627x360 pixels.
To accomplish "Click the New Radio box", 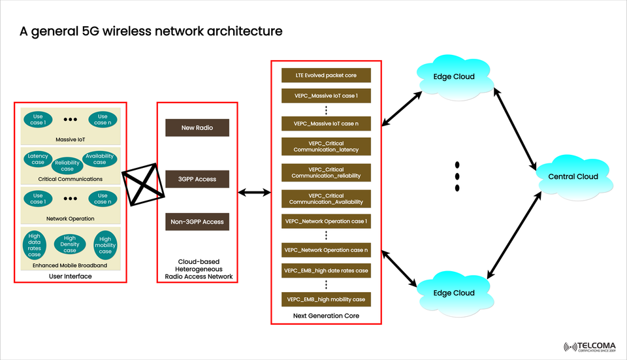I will click(197, 128).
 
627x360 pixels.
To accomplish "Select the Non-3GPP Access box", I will click(197, 222).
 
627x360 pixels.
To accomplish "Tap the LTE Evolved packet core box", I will click(326, 75).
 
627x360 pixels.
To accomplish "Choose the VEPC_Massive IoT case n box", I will click(326, 123).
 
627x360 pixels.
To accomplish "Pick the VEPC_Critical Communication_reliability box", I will click(326, 172).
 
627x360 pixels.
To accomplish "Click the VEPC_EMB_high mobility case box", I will click(326, 299).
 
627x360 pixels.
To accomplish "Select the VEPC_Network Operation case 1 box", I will click(326, 221).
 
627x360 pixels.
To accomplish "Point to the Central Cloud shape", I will click(573, 176).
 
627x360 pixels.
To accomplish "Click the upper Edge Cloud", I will click(454, 76).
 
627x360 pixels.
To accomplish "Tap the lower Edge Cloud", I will click(454, 293).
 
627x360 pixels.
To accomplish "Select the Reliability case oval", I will click(67, 166).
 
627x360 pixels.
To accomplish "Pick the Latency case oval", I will click(38, 159).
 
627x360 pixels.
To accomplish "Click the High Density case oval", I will click(70, 244).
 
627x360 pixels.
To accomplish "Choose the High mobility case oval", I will click(105, 244).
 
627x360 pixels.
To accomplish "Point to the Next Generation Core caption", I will click(326, 316).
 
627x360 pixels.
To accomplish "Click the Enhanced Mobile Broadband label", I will click(69, 266).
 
